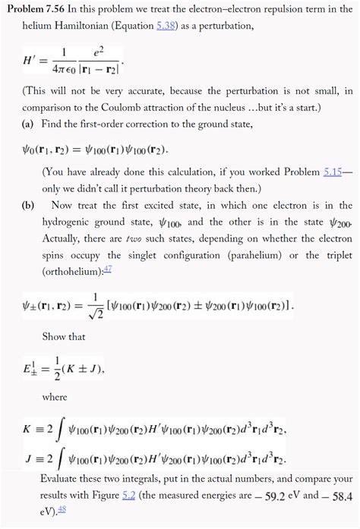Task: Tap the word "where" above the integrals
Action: click(55, 396)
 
